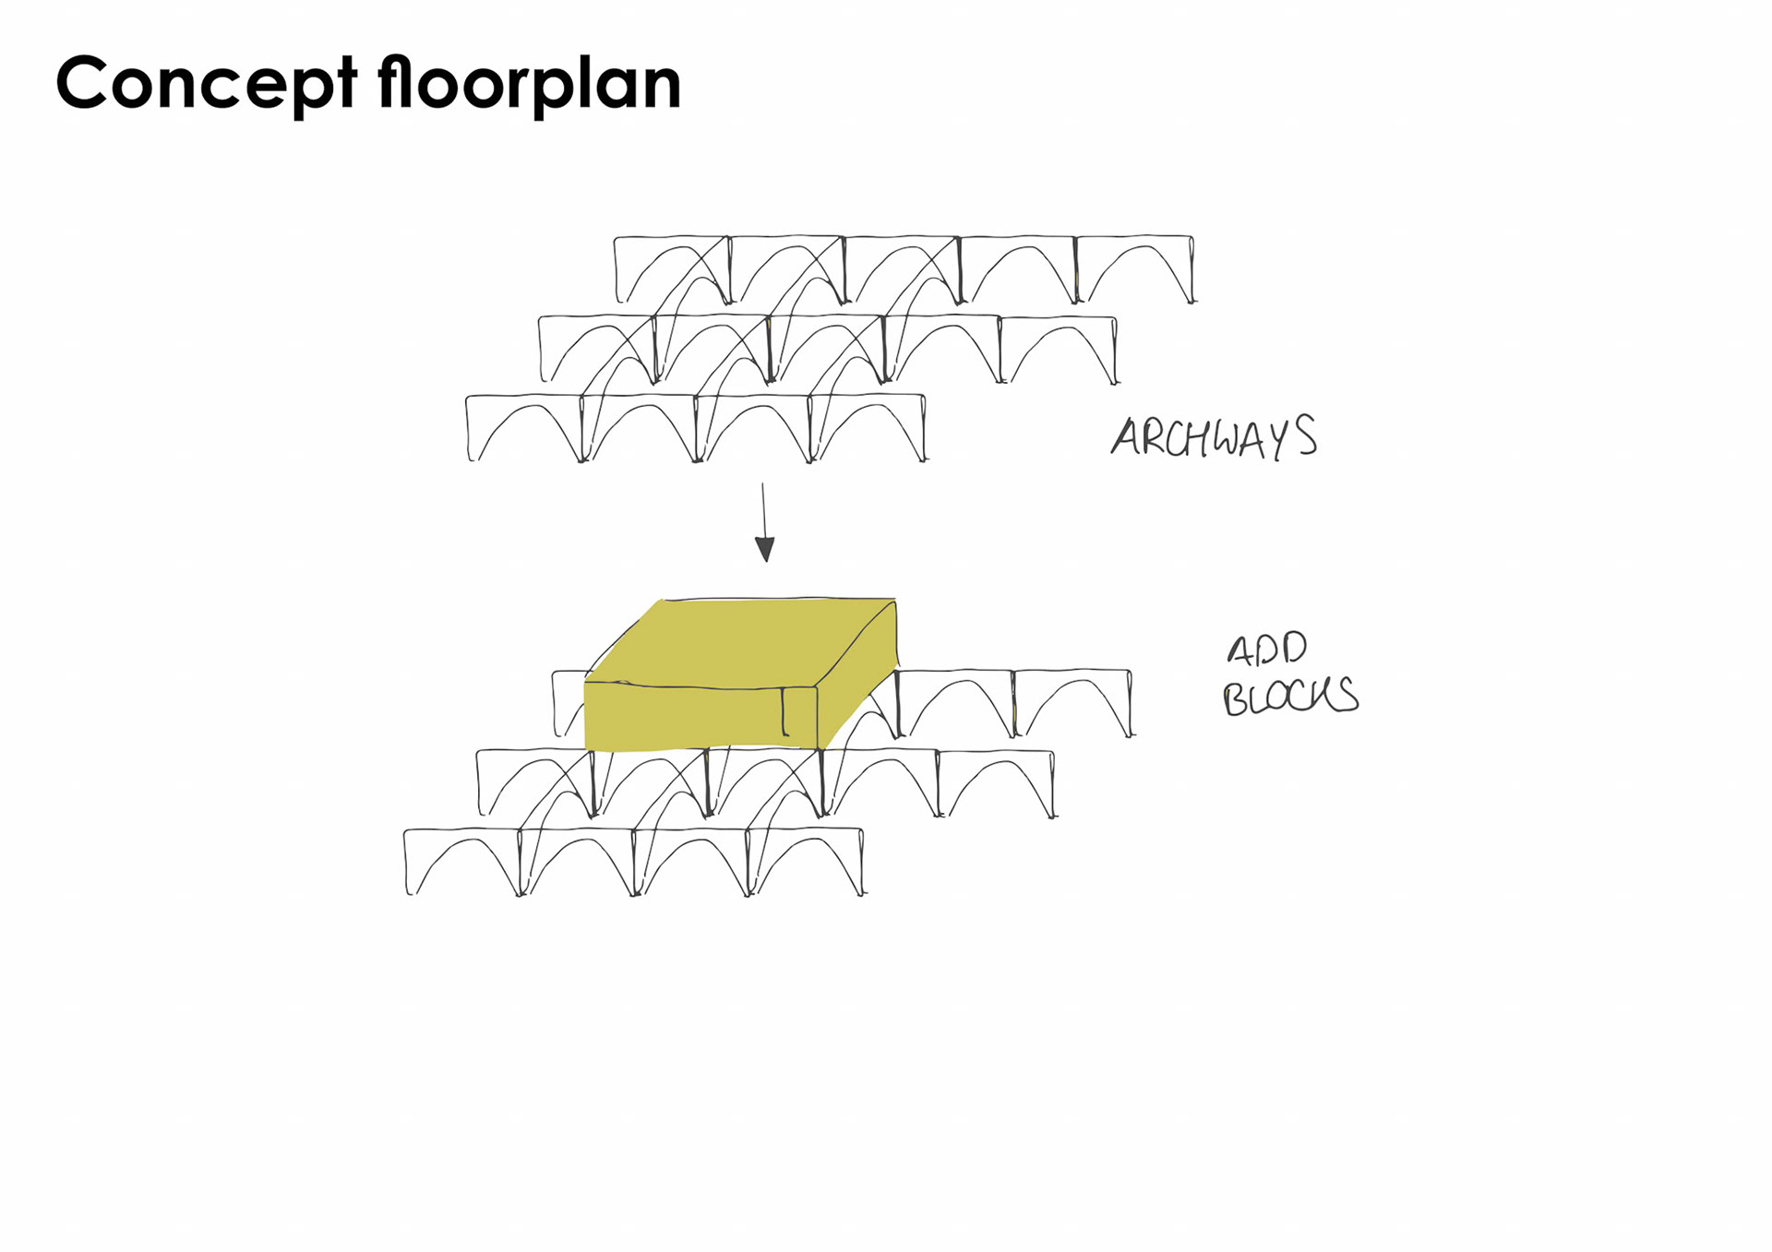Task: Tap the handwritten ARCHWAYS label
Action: (x=1214, y=437)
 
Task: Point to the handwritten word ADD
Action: (x=1266, y=650)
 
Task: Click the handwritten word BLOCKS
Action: (x=1290, y=696)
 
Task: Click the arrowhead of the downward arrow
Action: (x=765, y=549)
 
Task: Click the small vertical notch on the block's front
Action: (x=784, y=711)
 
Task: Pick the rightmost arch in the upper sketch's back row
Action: (x=1134, y=269)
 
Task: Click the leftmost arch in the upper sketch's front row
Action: (x=524, y=429)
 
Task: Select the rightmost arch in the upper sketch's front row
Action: (x=868, y=429)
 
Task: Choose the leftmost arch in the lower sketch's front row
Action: (x=461, y=863)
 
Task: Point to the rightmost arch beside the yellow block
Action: (x=1072, y=704)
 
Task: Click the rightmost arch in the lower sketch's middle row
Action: (x=996, y=784)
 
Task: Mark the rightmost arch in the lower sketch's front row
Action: (x=805, y=863)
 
